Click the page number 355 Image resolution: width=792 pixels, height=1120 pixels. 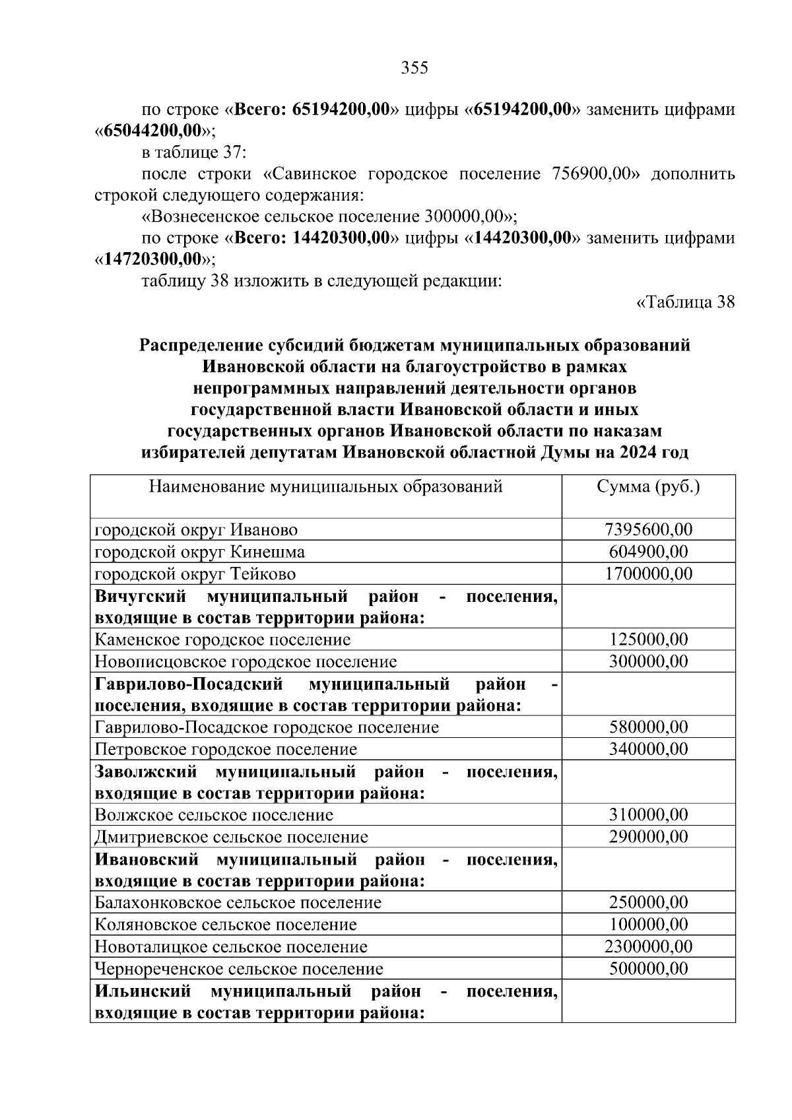pos(414,68)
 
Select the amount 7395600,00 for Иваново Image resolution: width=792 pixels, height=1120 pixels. pos(648,530)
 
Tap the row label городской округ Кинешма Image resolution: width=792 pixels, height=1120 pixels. pos(200,552)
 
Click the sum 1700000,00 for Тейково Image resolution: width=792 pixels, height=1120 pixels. pos(648,574)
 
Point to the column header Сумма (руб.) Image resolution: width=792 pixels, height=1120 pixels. pos(648,487)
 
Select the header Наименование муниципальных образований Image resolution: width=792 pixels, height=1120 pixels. pos(325,487)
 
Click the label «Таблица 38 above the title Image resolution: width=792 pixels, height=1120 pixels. pos(685,302)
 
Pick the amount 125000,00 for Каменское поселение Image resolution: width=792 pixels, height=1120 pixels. pos(648,640)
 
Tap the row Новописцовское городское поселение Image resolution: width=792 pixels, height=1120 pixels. pos(246,661)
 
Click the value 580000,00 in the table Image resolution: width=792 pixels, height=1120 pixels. pos(648,727)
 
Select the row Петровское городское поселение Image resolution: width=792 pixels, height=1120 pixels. pos(226,750)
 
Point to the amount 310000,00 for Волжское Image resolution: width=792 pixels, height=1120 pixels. pos(648,815)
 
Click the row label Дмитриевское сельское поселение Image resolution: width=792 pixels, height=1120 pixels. pos(231,838)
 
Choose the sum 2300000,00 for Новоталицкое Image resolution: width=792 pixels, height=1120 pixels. pos(648,947)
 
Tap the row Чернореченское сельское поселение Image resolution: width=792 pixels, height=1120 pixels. pos(239,970)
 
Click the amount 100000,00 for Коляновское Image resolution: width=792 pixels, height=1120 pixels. pos(648,925)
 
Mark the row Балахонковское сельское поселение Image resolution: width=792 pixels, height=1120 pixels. pos(238,903)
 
